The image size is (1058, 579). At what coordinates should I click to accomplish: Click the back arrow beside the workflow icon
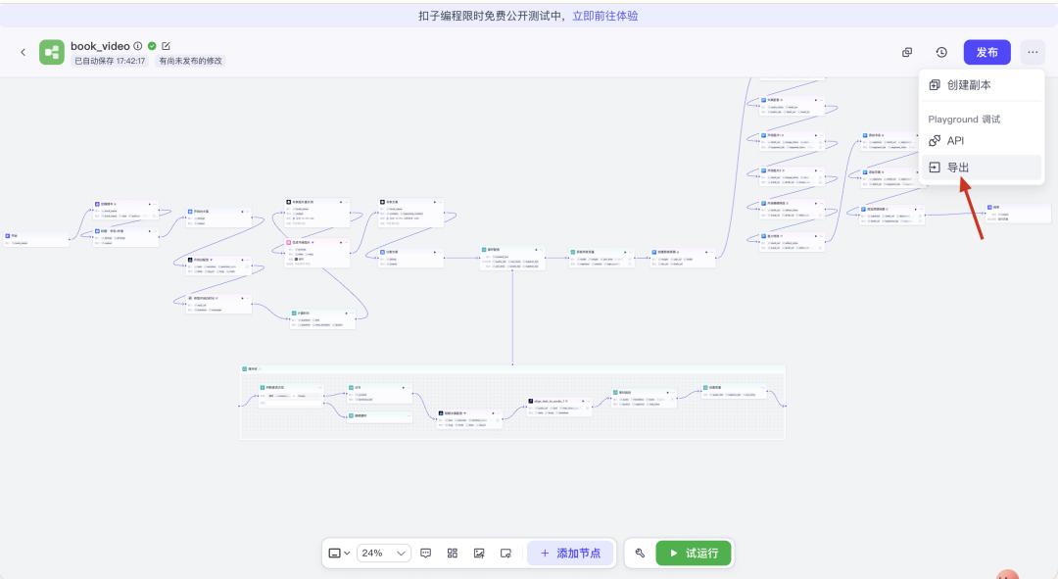[23, 52]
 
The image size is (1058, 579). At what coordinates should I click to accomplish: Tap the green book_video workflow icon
[52, 52]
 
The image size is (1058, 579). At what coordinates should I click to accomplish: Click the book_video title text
[100, 46]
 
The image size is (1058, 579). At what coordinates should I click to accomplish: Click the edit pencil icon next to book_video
[167, 46]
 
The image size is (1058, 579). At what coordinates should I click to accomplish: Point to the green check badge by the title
[152, 46]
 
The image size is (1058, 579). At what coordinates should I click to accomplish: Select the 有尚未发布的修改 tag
[191, 61]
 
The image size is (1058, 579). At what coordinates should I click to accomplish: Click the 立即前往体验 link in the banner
[605, 16]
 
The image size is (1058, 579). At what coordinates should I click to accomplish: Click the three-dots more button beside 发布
[1033, 52]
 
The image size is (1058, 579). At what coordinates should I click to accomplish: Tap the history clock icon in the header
[941, 52]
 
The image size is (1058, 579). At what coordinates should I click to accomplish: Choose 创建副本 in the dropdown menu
[969, 85]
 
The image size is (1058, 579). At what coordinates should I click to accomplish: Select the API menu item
[955, 141]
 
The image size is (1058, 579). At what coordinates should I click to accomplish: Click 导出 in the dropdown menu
[957, 168]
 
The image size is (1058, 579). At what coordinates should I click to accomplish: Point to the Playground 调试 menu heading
[964, 120]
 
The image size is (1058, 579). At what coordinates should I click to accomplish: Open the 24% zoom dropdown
[384, 553]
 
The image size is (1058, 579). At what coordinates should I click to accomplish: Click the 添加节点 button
[570, 553]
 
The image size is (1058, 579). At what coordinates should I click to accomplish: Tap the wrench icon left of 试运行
[640, 553]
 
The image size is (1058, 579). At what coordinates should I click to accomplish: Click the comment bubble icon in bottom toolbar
[426, 553]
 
